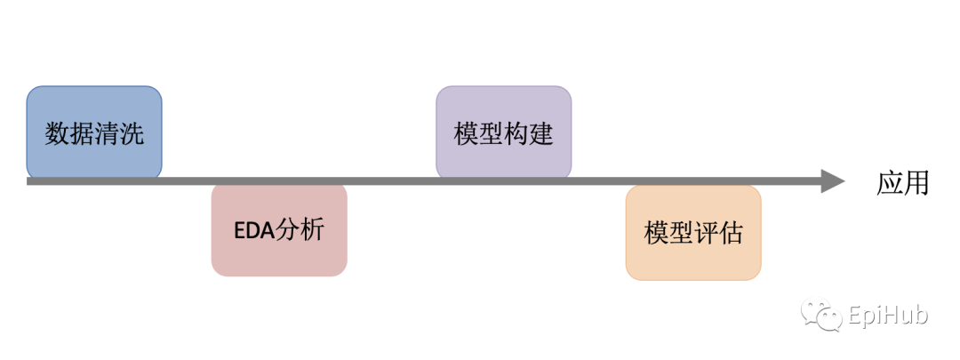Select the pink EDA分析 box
(x=279, y=229)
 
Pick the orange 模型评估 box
(x=693, y=234)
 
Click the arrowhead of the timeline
(x=831, y=181)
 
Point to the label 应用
(x=902, y=182)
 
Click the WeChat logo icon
(x=822, y=315)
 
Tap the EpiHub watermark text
(x=888, y=316)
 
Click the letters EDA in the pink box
(x=255, y=230)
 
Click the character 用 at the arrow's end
(x=916, y=182)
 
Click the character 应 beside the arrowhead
(x=890, y=182)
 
